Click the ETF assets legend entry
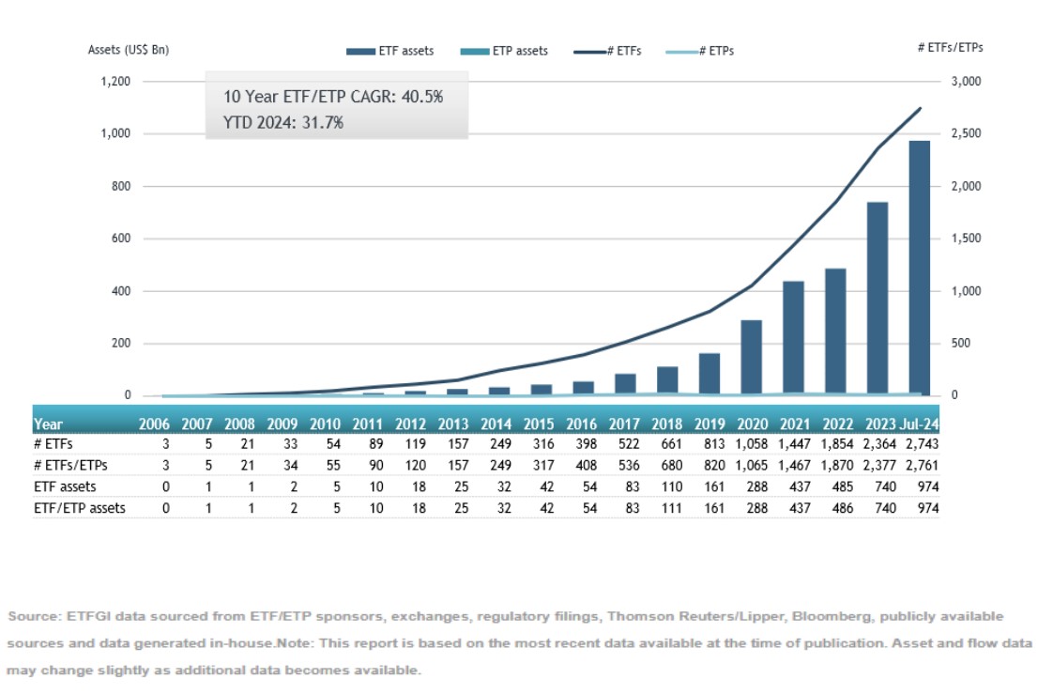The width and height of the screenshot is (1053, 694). pos(389,51)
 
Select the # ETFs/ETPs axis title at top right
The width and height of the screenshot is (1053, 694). pos(956,46)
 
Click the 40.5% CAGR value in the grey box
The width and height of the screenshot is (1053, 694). pos(422,97)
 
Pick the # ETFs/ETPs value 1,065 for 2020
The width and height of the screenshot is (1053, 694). pos(751,466)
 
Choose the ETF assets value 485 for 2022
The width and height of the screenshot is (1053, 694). pos(835,486)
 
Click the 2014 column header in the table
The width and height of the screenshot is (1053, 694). pos(496,424)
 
